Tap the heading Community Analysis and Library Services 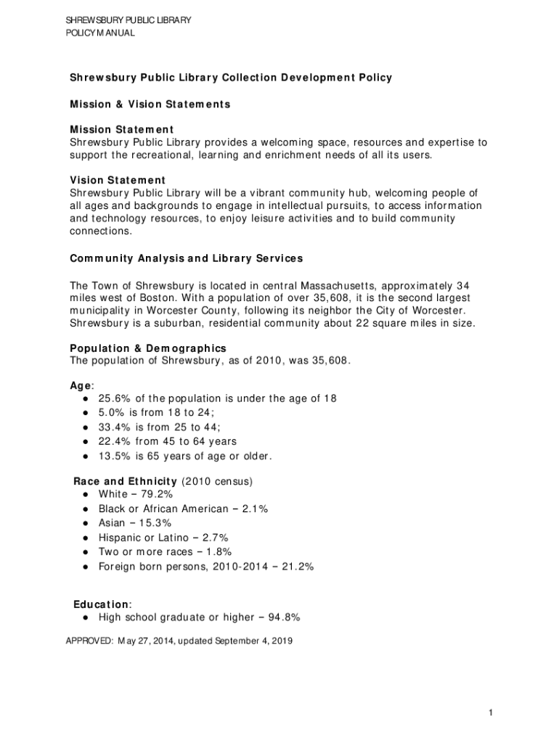tap(186, 258)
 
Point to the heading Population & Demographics tap(148, 348)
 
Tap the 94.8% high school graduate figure tap(284, 617)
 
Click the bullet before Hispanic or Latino tap(86, 538)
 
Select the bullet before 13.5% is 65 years tap(86, 456)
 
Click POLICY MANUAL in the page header tap(100, 33)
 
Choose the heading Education tap(102, 604)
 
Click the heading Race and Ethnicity tap(126, 481)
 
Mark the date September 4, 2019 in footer tap(250, 641)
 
